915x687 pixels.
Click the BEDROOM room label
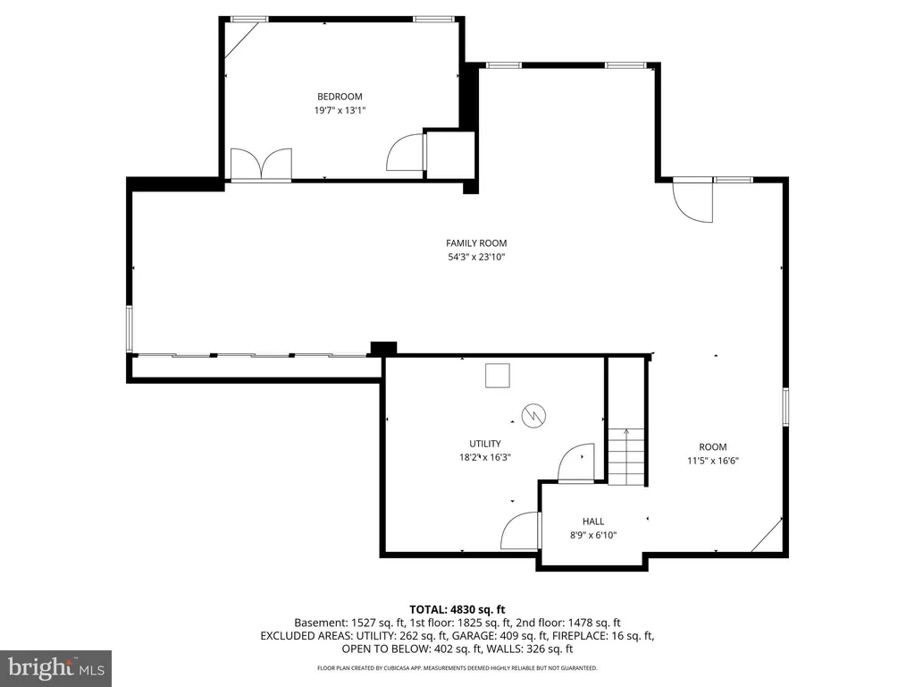[340, 97]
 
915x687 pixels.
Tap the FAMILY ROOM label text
[476, 243]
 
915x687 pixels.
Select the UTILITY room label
[485, 444]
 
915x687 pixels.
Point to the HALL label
[593, 522]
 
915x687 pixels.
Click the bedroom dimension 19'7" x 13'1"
[340, 110]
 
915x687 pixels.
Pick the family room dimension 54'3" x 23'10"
[476, 257]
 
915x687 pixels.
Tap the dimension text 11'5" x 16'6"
[712, 461]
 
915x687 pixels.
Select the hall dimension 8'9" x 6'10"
[593, 535]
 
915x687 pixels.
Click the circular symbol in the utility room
[533, 415]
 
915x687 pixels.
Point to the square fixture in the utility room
[497, 376]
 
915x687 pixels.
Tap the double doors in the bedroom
[261, 164]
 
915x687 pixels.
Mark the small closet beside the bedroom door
[450, 154]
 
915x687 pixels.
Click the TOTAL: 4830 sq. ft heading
[457, 610]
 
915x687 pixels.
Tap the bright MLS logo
[56, 668]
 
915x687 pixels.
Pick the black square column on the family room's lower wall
[383, 348]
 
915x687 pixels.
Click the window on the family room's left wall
[130, 328]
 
